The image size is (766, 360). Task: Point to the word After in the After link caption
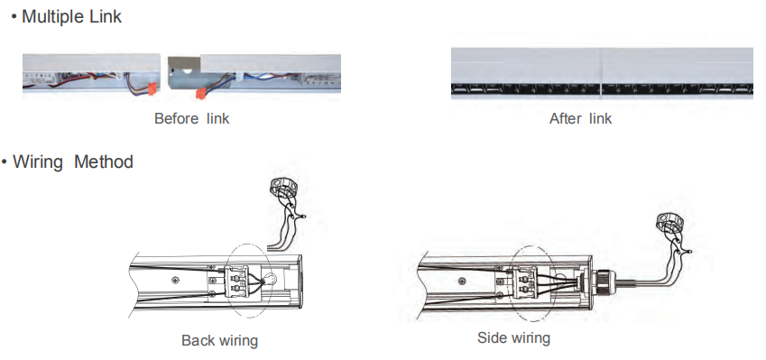pos(566,119)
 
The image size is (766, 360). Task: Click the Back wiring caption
pos(219,341)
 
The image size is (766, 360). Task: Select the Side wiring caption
pos(513,338)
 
